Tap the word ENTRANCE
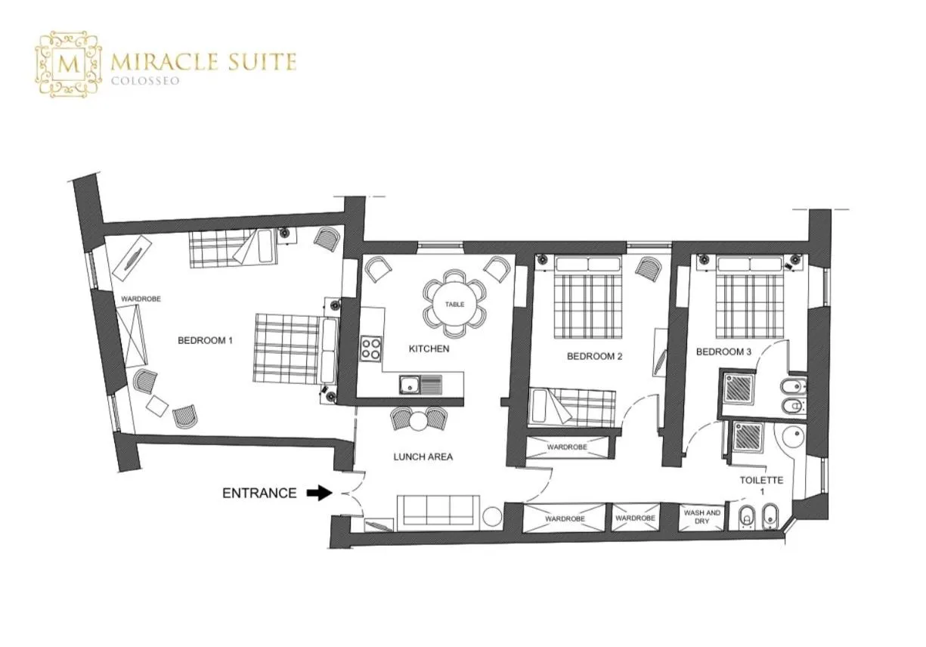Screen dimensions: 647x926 click(259, 494)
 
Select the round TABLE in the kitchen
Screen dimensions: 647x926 click(454, 304)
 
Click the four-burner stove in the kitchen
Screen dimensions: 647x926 click(371, 348)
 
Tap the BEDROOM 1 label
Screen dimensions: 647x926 click(205, 341)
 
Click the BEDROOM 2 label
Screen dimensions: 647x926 click(594, 357)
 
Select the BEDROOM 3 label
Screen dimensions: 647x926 click(723, 351)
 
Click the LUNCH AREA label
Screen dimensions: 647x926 click(423, 457)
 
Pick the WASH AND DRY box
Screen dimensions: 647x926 click(702, 518)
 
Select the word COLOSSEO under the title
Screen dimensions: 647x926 click(146, 81)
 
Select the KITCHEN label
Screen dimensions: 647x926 click(429, 349)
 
